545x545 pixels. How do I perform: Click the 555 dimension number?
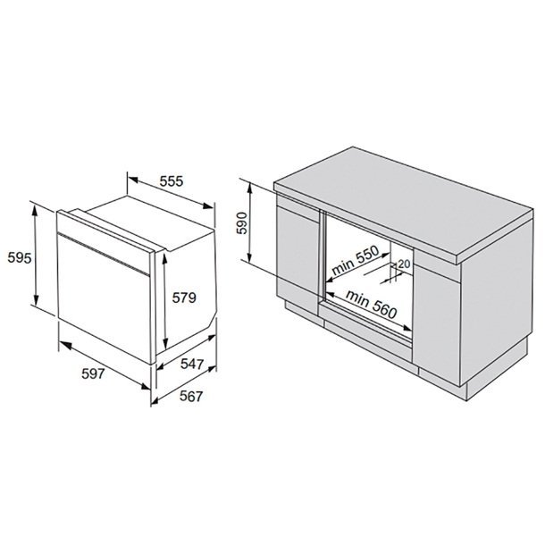(x=171, y=181)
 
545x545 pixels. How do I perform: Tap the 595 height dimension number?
(x=20, y=258)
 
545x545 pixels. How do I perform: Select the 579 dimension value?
(x=184, y=298)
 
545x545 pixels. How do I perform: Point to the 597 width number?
(x=93, y=373)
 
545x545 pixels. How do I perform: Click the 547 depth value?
(x=192, y=364)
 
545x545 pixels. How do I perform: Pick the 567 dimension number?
(x=191, y=396)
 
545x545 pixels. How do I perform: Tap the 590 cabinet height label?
(x=242, y=222)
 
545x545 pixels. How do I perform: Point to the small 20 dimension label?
(x=404, y=264)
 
